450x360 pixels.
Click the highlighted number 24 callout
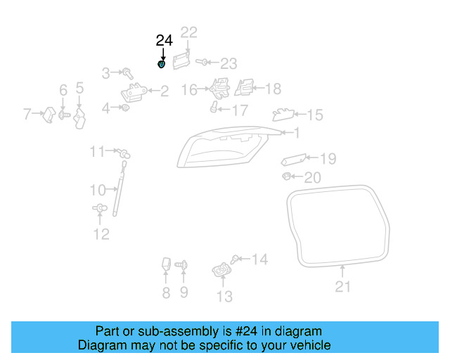click(164, 40)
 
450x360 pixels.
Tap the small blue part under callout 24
click(161, 65)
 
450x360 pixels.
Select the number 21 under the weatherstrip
click(342, 286)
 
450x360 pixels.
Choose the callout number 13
click(224, 297)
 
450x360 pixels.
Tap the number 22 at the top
click(189, 32)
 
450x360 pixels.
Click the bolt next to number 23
click(201, 63)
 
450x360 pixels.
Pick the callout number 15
click(314, 115)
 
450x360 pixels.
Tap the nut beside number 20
click(286, 176)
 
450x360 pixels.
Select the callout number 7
click(28, 112)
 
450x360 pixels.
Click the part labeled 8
click(167, 265)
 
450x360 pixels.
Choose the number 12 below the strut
click(101, 234)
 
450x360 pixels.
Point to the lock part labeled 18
click(244, 88)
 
